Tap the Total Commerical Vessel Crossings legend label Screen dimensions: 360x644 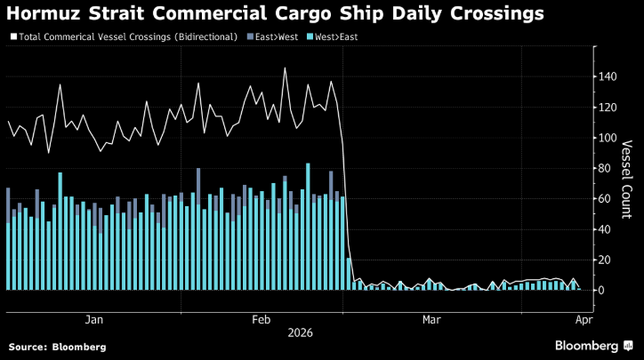point(127,36)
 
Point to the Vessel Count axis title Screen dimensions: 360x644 point(625,178)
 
